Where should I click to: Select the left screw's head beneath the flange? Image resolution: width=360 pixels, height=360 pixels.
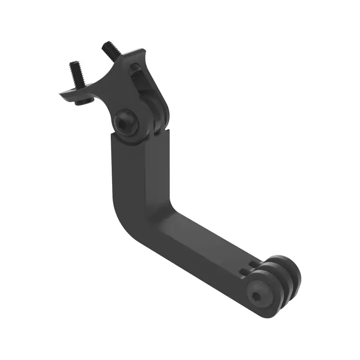(x=82, y=102)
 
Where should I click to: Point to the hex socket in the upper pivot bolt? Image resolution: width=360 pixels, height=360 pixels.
(x=123, y=121)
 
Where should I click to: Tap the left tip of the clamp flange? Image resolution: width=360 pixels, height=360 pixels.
(x=62, y=94)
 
